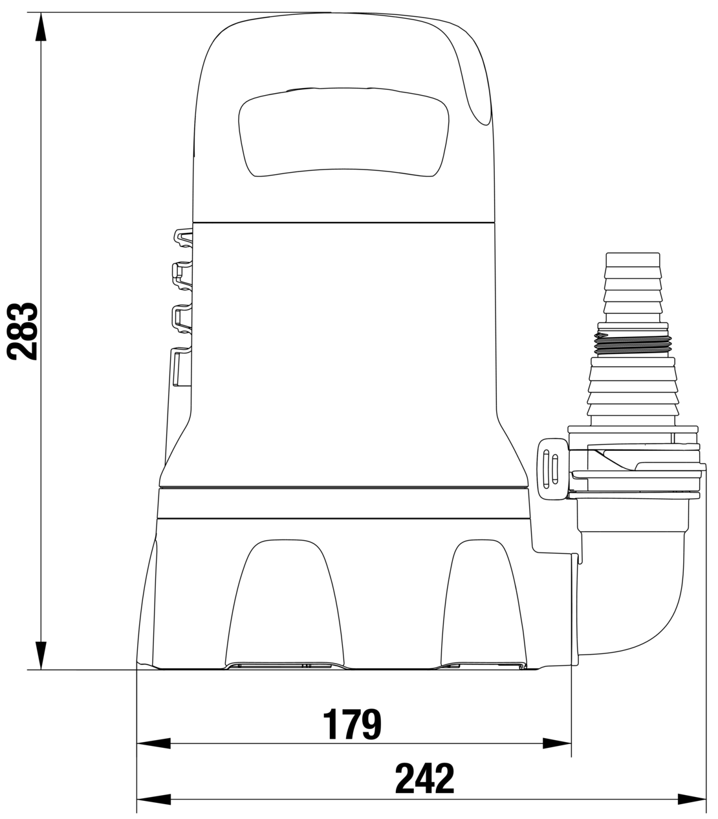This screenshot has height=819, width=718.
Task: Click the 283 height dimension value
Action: [x=22, y=331]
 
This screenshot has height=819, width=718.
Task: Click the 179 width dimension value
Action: [x=352, y=724]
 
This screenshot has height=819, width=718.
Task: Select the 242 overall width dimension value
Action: [x=424, y=779]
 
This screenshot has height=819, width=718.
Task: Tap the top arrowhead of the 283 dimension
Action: [x=41, y=27]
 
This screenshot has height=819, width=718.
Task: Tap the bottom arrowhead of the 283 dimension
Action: [x=41, y=655]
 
